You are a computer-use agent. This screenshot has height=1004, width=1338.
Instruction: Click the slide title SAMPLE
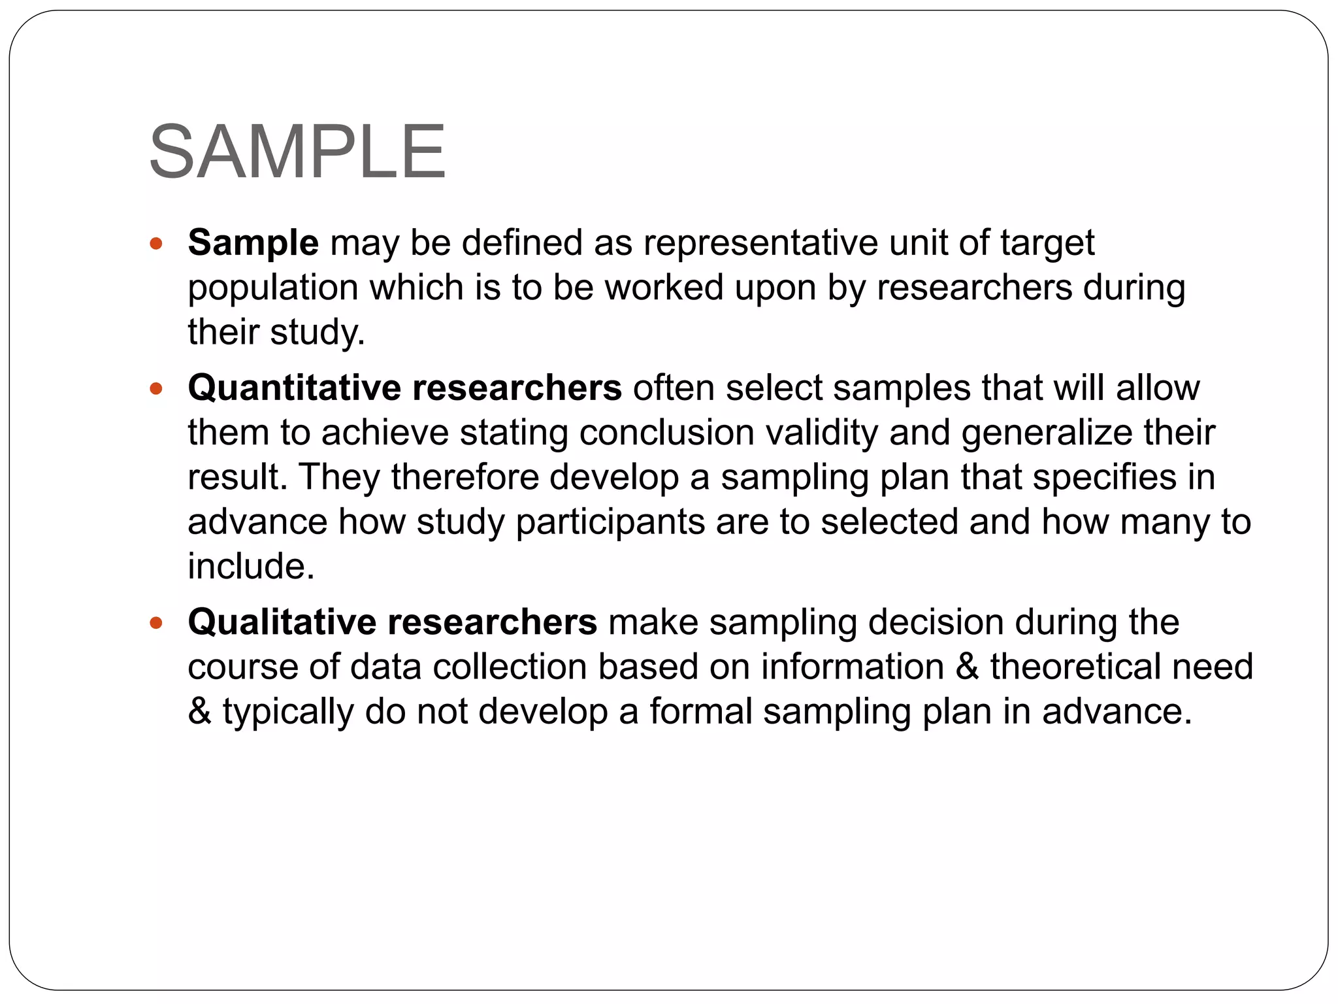click(x=297, y=152)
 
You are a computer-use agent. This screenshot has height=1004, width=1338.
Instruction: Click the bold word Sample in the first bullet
click(x=253, y=243)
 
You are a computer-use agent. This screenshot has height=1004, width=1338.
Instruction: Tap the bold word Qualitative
click(x=282, y=622)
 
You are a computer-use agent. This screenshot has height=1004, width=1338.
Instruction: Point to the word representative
click(x=760, y=243)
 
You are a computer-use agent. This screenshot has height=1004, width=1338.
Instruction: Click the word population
click(x=273, y=288)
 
